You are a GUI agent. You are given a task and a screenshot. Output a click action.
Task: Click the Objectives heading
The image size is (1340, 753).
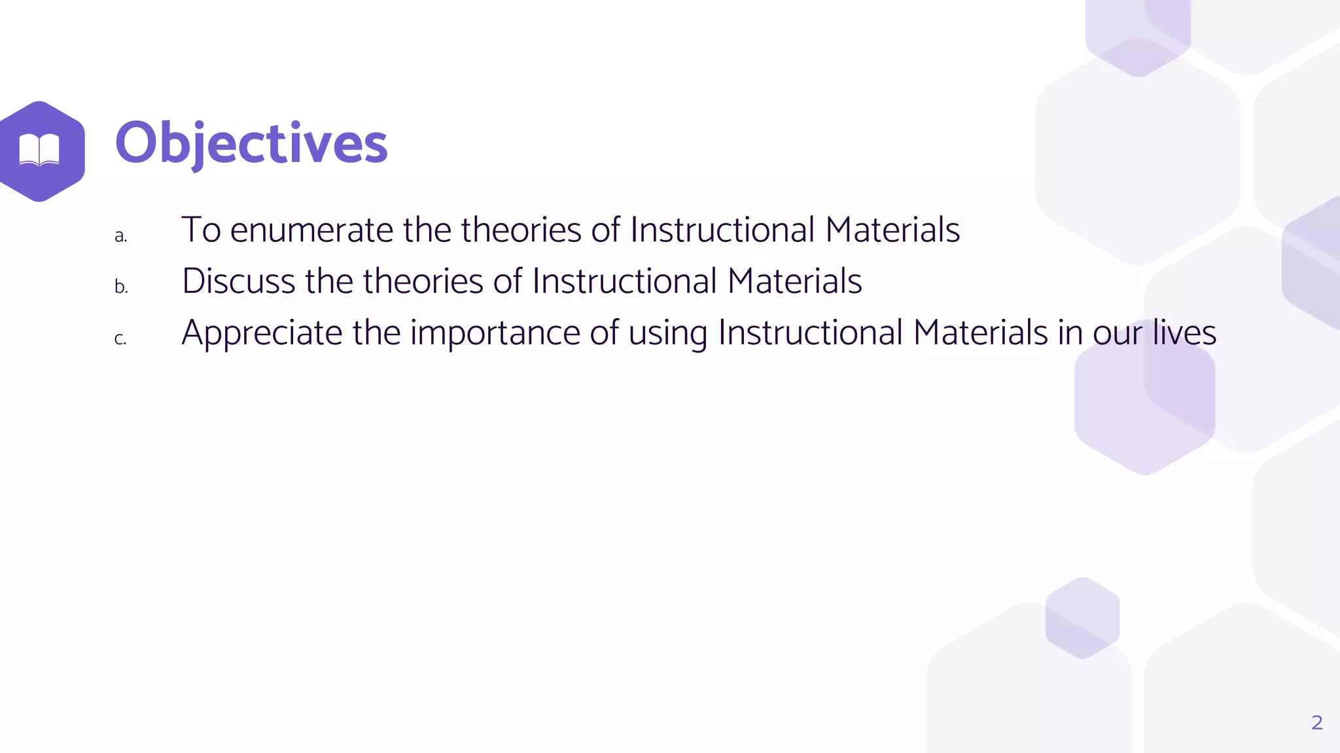(251, 143)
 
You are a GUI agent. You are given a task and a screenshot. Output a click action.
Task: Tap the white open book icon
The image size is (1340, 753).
(39, 150)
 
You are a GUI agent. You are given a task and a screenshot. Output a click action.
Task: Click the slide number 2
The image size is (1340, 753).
(1316, 722)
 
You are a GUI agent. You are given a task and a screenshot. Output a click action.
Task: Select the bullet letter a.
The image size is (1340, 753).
(120, 236)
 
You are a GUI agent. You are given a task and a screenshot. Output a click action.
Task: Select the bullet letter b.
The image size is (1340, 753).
(121, 287)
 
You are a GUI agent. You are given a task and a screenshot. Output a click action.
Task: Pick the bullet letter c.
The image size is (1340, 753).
(120, 339)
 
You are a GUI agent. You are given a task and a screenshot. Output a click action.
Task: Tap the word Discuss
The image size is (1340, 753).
(238, 281)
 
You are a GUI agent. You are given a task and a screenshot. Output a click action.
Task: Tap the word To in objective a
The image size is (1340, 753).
(201, 230)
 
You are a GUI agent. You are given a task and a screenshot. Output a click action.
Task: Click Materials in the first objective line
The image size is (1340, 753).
(892, 230)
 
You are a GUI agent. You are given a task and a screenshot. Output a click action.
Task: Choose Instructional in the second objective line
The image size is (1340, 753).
(624, 281)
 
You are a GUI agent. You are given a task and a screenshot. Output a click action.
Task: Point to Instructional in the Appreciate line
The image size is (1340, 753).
(810, 333)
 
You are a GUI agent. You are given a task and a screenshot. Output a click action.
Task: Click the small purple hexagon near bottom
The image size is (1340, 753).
(1082, 618)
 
